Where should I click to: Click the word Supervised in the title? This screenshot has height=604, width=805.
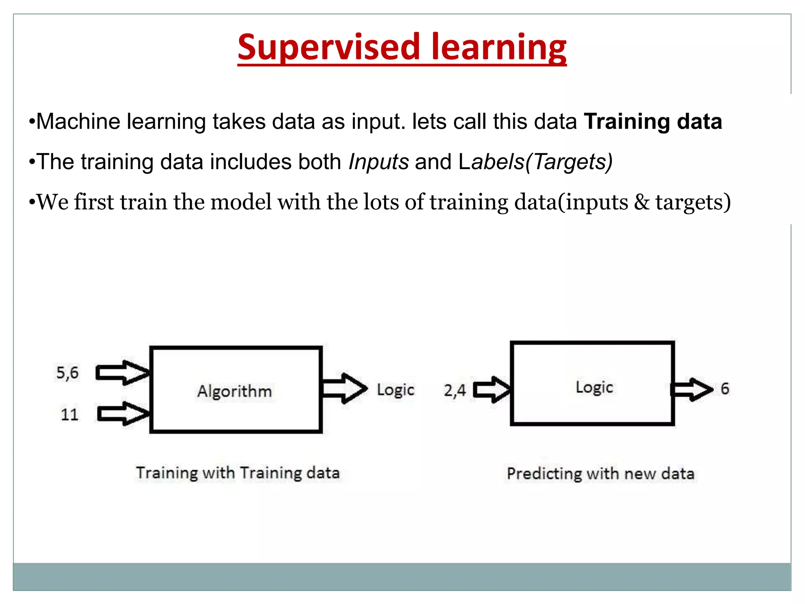[x=329, y=48]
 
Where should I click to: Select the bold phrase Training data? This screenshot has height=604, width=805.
[x=652, y=122]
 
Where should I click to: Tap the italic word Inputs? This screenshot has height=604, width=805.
[x=379, y=162]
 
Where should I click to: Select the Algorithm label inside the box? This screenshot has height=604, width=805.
[x=234, y=391]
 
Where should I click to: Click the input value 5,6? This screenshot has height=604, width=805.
[x=67, y=373]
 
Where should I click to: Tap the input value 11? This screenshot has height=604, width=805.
[x=70, y=414]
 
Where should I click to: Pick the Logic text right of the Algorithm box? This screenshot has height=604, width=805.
[x=395, y=390]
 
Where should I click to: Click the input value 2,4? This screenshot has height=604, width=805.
[x=455, y=390]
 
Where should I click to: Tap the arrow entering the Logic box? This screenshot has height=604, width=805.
[x=491, y=390]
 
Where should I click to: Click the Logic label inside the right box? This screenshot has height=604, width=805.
[x=594, y=388]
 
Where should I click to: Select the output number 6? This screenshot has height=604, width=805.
[x=725, y=389]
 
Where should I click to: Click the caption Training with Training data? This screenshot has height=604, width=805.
[x=238, y=473]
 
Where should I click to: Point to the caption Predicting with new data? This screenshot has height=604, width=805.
[x=600, y=473]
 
